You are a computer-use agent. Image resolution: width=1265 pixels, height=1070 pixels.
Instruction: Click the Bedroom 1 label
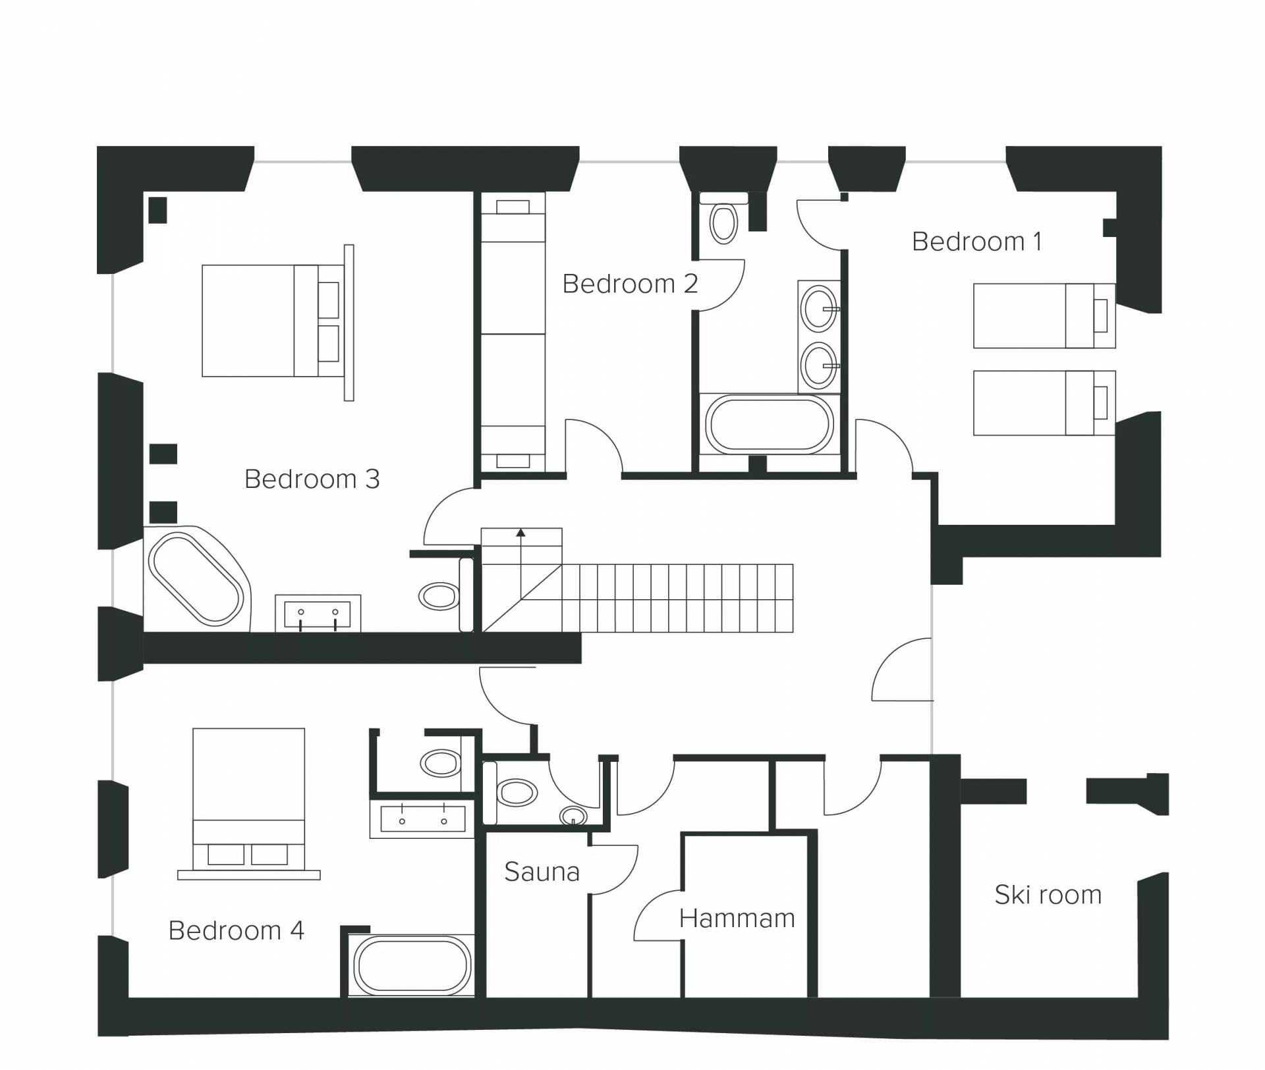[977, 242]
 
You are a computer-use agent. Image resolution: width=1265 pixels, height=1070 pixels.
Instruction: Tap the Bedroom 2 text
[630, 284]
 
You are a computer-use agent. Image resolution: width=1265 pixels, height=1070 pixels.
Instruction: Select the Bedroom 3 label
[312, 479]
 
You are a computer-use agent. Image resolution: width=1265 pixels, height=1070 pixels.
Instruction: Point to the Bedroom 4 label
[236, 930]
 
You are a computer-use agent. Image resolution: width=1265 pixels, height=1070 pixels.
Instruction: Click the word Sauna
[542, 872]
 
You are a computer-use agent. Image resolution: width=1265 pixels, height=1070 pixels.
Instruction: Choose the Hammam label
[737, 918]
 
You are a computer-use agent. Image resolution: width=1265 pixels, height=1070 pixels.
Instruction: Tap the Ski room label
[1048, 895]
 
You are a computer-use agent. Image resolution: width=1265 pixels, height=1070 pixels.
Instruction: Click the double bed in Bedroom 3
[273, 321]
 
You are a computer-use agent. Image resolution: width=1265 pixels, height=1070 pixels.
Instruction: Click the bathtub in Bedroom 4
[412, 966]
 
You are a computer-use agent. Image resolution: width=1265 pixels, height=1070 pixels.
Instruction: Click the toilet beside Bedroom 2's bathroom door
[723, 224]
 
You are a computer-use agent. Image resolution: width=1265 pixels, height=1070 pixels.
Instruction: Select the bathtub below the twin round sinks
[769, 424]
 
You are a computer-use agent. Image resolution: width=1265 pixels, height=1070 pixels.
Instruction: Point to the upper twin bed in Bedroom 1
[1044, 316]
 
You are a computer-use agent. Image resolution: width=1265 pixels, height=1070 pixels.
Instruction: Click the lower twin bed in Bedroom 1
[1044, 402]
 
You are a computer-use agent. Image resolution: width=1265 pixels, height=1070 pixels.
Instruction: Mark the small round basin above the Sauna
[573, 816]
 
